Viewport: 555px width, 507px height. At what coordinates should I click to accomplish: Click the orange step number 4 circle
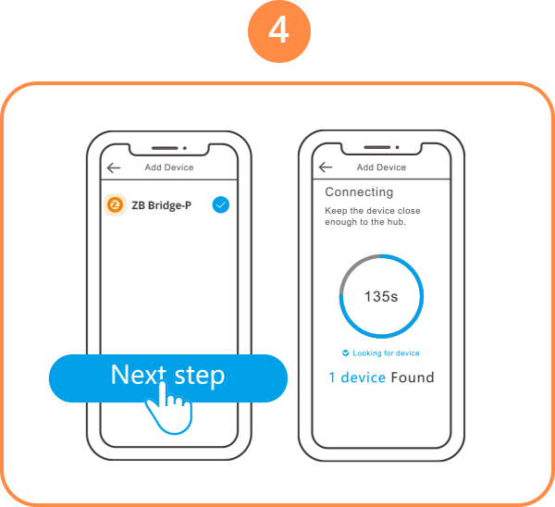[x=279, y=31]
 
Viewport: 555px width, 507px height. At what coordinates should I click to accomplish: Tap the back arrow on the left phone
[x=114, y=167]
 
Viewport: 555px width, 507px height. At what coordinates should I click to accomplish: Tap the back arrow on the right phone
[x=326, y=167]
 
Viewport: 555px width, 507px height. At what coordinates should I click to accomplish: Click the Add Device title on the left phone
[x=169, y=167]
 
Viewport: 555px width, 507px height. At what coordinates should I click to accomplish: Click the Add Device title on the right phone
[x=381, y=167]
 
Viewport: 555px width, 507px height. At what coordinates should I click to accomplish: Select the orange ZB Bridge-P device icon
[x=115, y=204]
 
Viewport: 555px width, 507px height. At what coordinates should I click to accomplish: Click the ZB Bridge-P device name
[x=161, y=205]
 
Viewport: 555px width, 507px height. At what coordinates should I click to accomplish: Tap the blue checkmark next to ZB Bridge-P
[x=221, y=204]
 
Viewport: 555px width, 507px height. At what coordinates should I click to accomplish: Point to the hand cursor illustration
[x=169, y=407]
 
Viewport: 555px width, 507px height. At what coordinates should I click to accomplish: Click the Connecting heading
[x=359, y=192]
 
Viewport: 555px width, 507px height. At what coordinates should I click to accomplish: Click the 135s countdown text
[x=381, y=297]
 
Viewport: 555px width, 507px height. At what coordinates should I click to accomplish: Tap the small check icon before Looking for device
[x=345, y=353]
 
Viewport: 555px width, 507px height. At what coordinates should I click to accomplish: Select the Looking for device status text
[x=386, y=353]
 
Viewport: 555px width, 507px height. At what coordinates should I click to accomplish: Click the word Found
[x=413, y=377]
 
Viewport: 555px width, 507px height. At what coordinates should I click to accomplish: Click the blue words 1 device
[x=357, y=377]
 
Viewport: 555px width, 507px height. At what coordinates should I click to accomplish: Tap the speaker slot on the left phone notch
[x=165, y=148]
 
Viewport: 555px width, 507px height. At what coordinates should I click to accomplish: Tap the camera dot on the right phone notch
[x=397, y=147]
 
